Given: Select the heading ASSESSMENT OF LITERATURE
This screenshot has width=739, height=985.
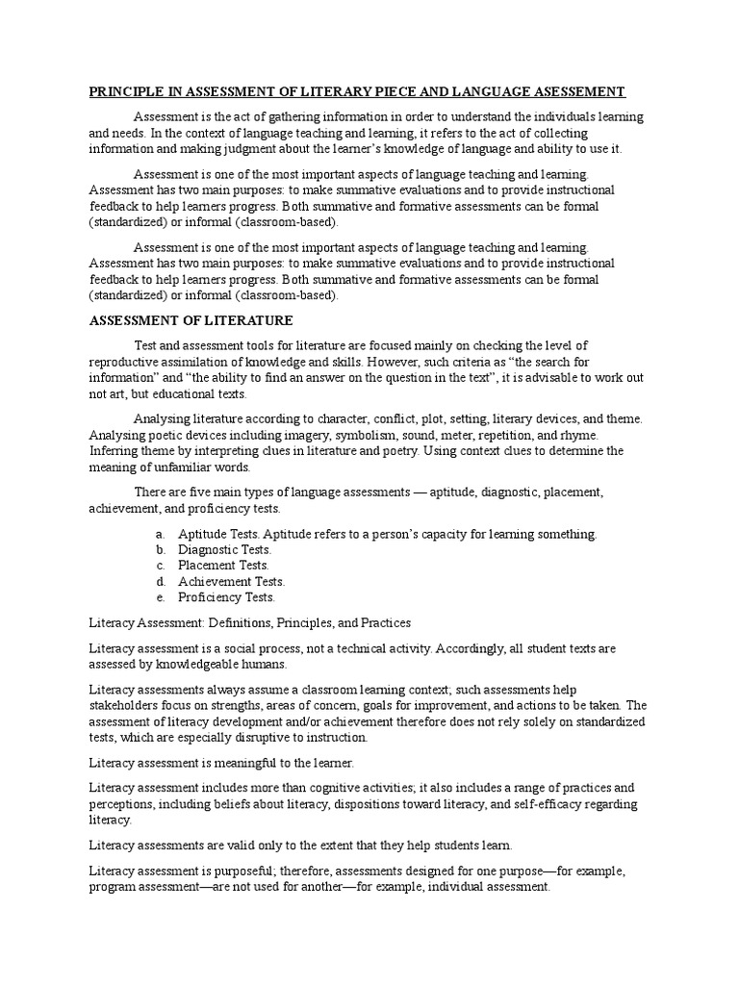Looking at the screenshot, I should pyautogui.click(x=191, y=320).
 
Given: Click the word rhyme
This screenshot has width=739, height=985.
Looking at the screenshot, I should pyautogui.click(x=578, y=435).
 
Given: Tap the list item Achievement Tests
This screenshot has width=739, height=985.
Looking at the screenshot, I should pyautogui.click(x=232, y=581).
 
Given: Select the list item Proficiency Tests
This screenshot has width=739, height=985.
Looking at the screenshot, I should pyautogui.click(x=227, y=597).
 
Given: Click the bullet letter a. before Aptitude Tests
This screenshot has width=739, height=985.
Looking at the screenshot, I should pyautogui.click(x=159, y=533).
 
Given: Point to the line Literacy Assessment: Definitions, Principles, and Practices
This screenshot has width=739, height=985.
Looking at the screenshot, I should pyautogui.click(x=249, y=623).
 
